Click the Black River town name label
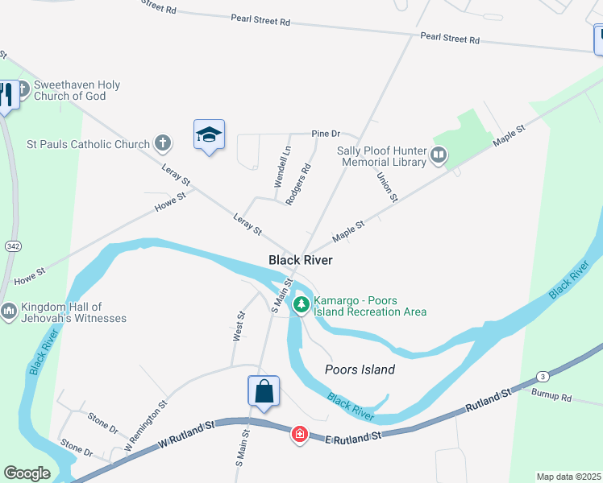[x=300, y=260]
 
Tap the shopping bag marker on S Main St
[x=264, y=393]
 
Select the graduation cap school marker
[x=209, y=135]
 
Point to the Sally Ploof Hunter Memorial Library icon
[x=439, y=154]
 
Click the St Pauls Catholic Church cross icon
[x=163, y=144]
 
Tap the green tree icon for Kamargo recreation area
[x=301, y=304]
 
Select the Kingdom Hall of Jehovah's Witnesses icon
[x=9, y=311]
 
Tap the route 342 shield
[x=12, y=246]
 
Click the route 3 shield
[x=543, y=376]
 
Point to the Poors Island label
[x=360, y=369]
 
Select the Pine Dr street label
[x=326, y=133]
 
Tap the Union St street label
[x=388, y=187]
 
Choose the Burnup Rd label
[x=551, y=397]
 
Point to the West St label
[x=239, y=326]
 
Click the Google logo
[x=27, y=473]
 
